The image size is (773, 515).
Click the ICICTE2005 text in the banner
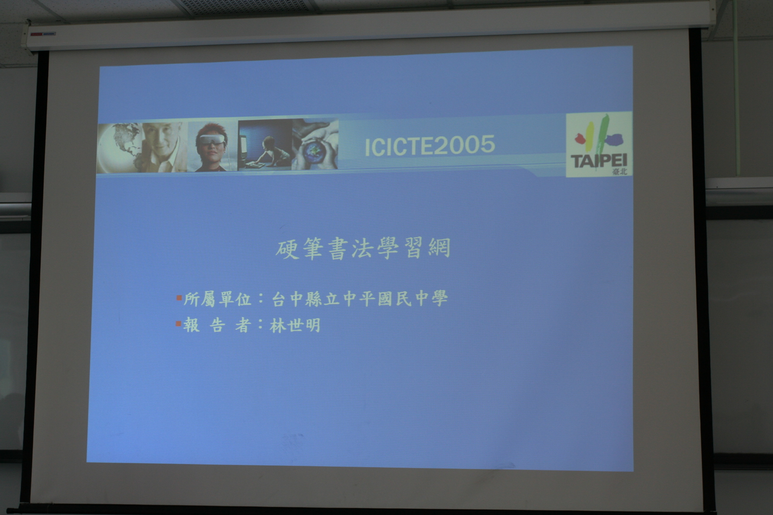click(x=430, y=145)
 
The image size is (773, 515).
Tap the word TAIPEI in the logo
click(x=599, y=160)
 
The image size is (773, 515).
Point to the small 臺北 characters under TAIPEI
click(x=619, y=172)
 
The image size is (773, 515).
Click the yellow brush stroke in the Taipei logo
click(x=589, y=136)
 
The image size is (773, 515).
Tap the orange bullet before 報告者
click(x=178, y=323)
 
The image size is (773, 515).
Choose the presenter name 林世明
click(x=295, y=325)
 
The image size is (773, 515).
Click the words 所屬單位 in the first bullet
click(x=218, y=299)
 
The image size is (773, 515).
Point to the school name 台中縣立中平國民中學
click(x=360, y=299)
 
